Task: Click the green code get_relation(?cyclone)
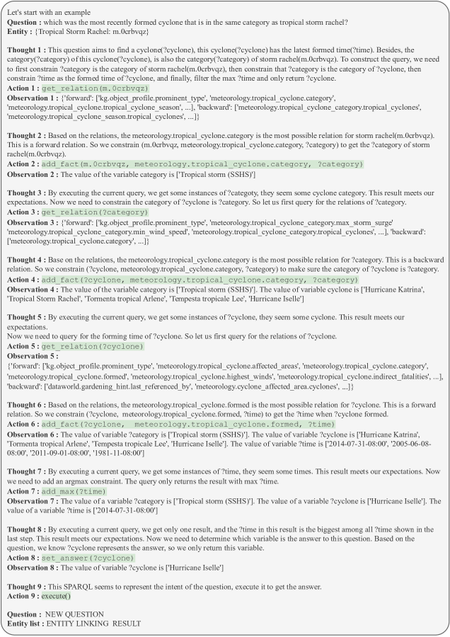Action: tap(91, 347)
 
